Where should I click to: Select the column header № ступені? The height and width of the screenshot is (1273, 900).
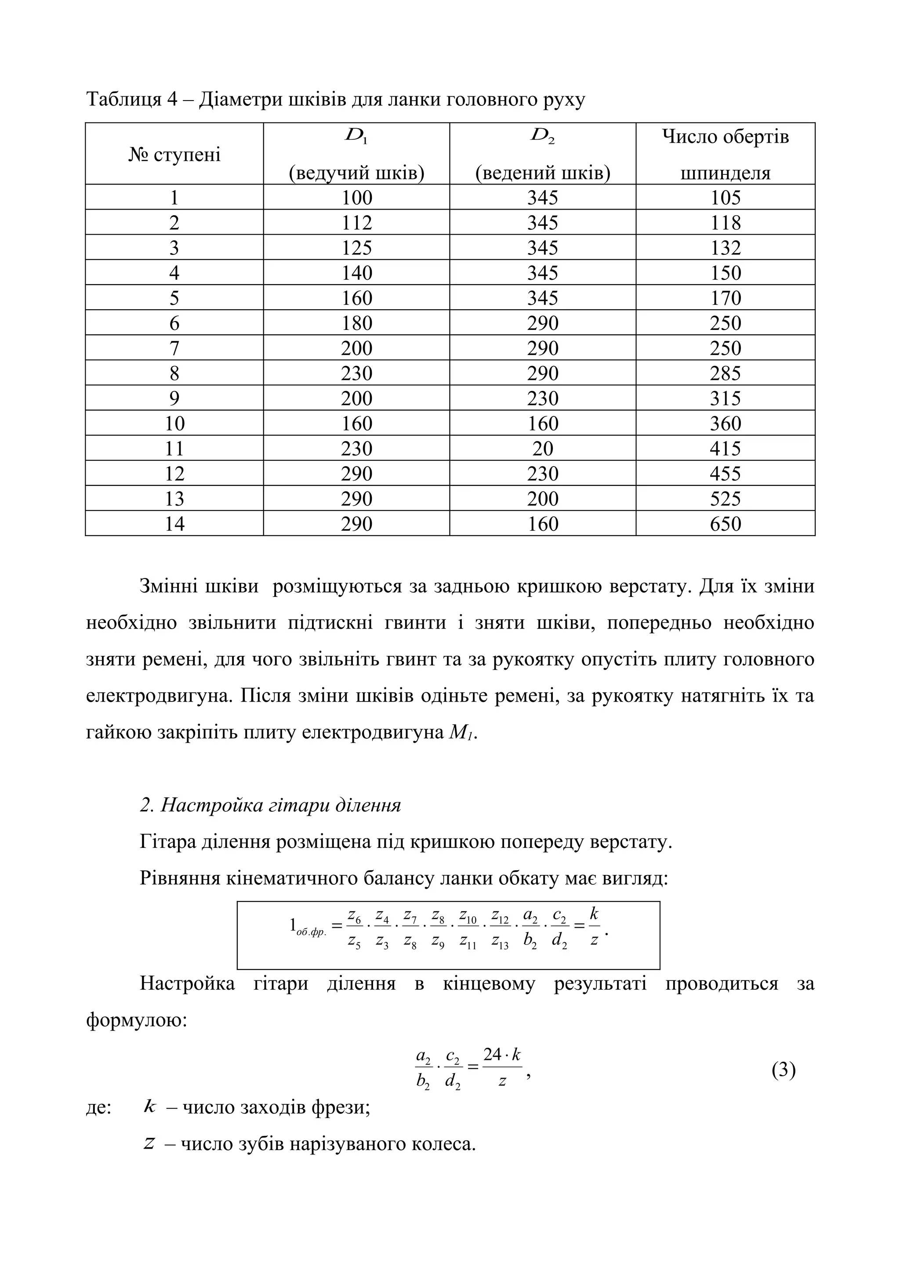click(x=174, y=155)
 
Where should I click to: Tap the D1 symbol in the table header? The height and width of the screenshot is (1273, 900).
click(x=356, y=136)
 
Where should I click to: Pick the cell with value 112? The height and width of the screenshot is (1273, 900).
click(x=356, y=223)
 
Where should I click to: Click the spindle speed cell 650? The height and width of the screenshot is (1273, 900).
click(x=726, y=524)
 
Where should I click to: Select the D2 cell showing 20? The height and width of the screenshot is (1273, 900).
click(x=542, y=448)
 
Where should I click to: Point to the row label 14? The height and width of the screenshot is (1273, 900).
click(x=174, y=524)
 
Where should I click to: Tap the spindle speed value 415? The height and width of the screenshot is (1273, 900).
click(x=726, y=448)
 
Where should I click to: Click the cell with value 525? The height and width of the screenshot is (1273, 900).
click(x=726, y=499)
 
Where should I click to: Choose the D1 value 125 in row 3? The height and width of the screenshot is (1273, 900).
click(x=356, y=248)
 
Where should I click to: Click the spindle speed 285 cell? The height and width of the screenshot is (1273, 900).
click(x=726, y=373)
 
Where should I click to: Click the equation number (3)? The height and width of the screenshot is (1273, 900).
click(x=783, y=1070)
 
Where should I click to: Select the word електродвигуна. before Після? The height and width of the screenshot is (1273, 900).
click(x=159, y=696)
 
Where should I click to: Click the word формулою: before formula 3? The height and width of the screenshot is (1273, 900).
click(x=136, y=1019)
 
